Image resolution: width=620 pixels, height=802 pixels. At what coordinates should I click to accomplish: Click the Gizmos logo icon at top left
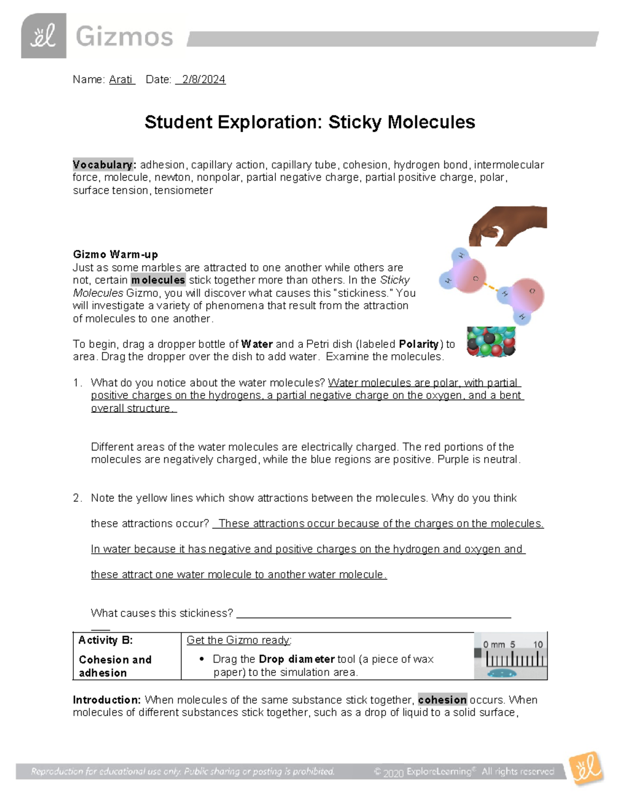point(43,36)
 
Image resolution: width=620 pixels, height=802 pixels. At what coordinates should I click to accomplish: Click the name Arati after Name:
point(121,80)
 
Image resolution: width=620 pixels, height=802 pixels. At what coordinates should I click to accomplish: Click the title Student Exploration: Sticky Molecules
point(309,122)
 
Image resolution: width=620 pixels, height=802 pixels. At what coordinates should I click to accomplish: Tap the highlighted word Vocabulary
point(103,165)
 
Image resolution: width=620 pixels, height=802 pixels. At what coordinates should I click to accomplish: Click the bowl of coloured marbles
point(491,341)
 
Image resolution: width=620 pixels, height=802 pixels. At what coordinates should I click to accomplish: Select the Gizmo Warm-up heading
point(115,255)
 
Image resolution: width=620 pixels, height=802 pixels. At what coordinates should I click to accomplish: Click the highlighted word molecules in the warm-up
point(158,280)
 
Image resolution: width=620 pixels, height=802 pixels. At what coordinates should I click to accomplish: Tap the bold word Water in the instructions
point(257,344)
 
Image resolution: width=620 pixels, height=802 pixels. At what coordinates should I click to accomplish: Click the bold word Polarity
point(419,344)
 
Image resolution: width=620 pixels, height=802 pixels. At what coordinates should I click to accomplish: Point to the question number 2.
point(77,498)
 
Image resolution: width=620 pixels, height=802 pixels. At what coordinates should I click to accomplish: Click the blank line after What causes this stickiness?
point(373,614)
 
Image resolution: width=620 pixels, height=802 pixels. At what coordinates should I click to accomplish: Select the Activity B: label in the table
point(105,640)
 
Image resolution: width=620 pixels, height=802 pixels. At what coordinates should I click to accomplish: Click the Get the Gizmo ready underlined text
point(238,640)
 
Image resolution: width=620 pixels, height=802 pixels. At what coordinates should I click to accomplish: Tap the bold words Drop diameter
point(297,659)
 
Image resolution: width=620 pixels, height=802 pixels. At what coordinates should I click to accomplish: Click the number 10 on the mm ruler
point(538,644)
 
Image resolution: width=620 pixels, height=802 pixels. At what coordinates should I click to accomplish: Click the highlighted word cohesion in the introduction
point(442,700)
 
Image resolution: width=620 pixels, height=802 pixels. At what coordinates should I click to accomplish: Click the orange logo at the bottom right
point(586,769)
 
